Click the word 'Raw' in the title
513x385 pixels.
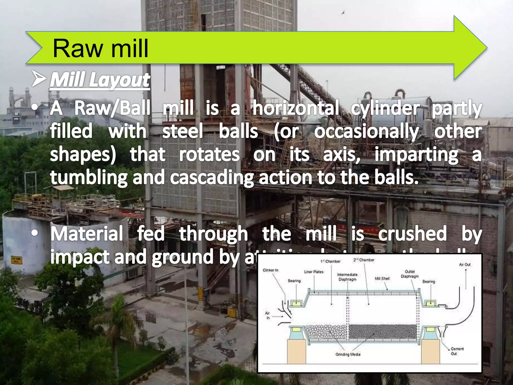click(x=78, y=49)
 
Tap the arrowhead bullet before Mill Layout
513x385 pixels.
click(x=39, y=79)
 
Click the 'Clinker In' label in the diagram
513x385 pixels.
click(x=271, y=270)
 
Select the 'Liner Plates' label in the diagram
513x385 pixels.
click(x=314, y=272)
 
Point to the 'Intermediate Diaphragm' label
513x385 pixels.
click(x=347, y=277)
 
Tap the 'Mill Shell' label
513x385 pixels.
click(x=382, y=278)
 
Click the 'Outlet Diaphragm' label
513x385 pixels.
click(x=410, y=274)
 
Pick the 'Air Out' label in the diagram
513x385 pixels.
click(x=465, y=264)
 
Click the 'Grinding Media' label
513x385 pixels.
click(x=348, y=354)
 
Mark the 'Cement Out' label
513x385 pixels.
click(x=457, y=351)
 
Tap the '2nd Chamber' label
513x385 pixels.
click(x=364, y=260)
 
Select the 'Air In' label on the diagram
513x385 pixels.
click(x=268, y=315)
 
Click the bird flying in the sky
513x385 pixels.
click(x=343, y=13)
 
